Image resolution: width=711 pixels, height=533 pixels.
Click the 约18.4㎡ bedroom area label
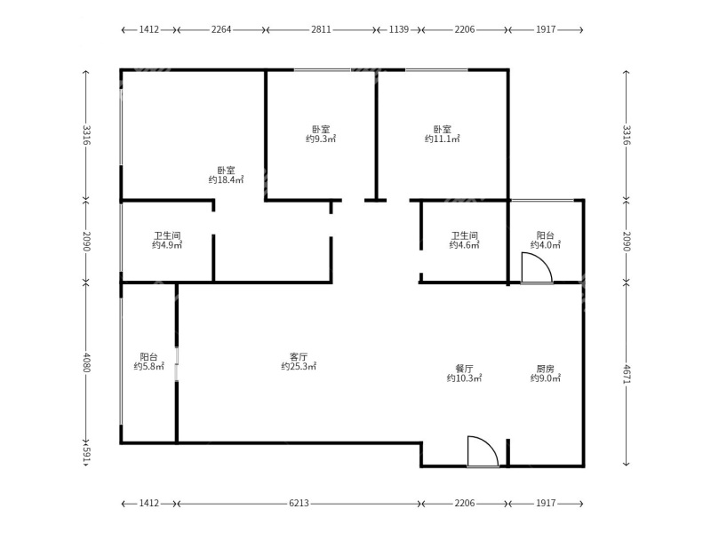[x=226, y=175]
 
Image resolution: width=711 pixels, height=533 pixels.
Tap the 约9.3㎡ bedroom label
[x=321, y=134]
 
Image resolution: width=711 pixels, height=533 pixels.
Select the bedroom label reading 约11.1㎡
[x=442, y=134]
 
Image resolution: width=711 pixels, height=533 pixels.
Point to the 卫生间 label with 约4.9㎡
[x=167, y=241]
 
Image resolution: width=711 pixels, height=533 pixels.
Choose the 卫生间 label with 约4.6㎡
[x=464, y=241]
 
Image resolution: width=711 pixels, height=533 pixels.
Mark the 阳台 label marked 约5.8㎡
[x=148, y=362]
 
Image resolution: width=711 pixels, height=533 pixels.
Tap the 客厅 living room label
[x=299, y=362]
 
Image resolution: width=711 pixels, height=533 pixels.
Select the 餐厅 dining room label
[x=464, y=373]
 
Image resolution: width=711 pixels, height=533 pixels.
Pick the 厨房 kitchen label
[x=545, y=373]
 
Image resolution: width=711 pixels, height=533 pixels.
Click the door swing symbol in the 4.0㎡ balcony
[x=536, y=268]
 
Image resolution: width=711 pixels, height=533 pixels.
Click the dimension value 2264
[x=221, y=29]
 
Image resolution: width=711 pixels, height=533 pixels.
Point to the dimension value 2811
[x=321, y=29]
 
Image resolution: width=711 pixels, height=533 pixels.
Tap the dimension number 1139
[x=399, y=29]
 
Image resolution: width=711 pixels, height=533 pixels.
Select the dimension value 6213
[x=299, y=504]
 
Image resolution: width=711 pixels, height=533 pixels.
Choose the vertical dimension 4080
[x=86, y=362]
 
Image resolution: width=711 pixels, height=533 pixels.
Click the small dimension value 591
[x=86, y=453]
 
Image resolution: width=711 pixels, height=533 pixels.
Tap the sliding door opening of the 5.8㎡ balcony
[x=177, y=355]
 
